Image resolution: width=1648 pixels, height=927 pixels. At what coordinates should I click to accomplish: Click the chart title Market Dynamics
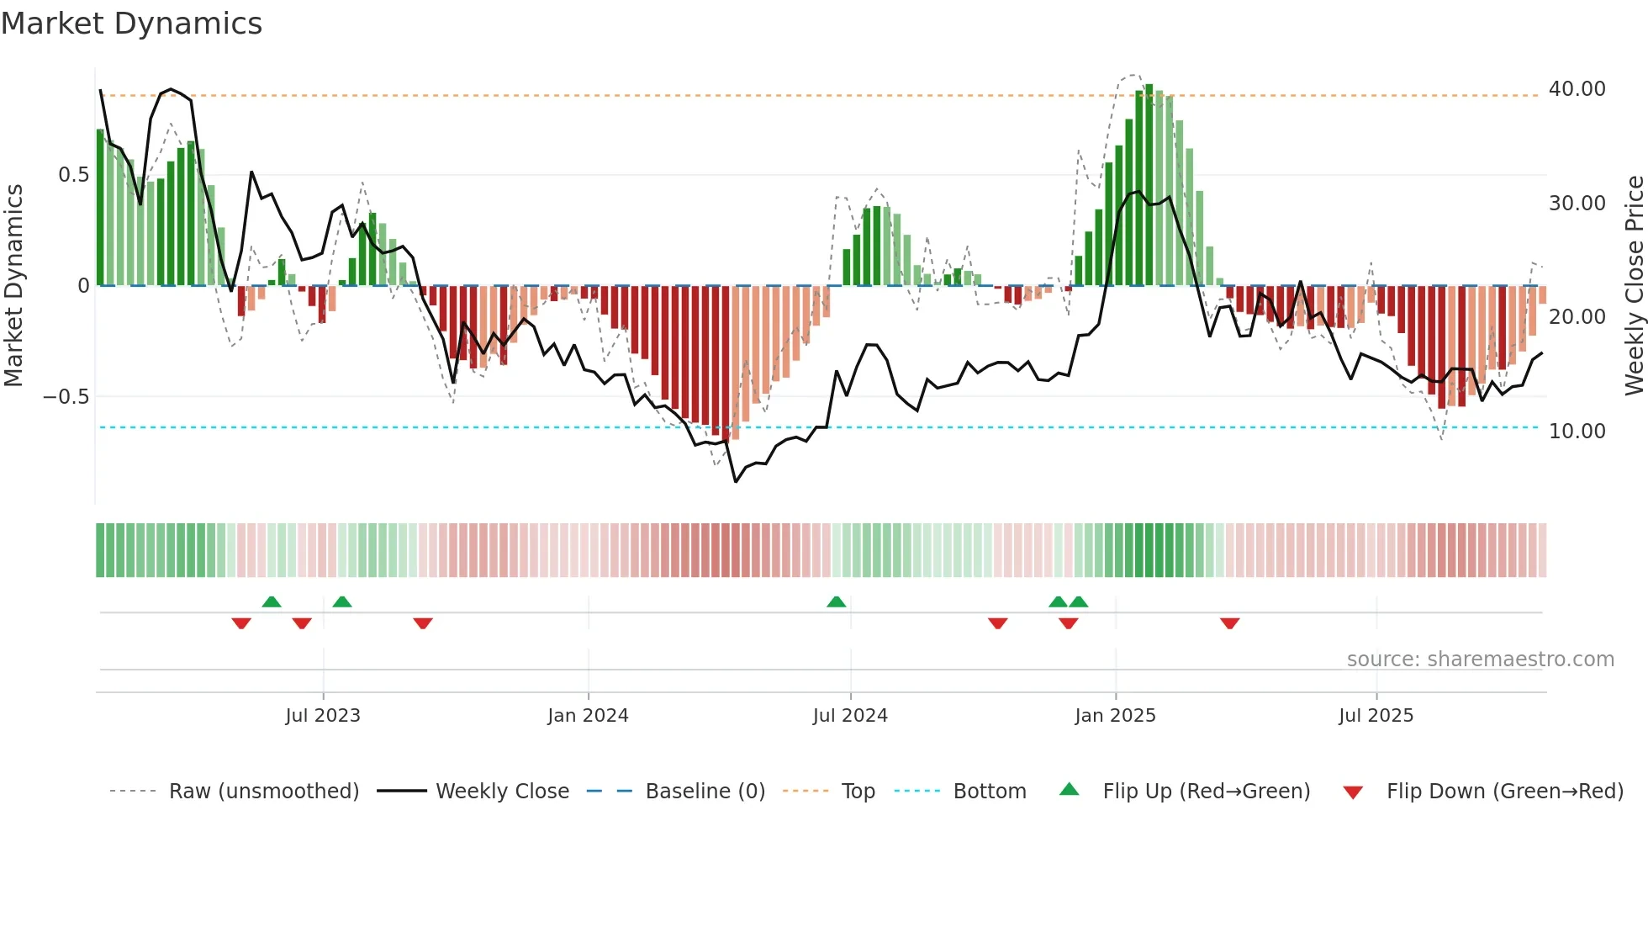point(131,24)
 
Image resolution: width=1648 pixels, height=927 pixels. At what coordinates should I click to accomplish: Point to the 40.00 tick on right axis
point(1577,89)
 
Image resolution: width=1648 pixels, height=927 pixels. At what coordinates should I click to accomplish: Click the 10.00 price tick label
point(1577,432)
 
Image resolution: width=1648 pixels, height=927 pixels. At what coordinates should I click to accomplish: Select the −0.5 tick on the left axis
point(66,396)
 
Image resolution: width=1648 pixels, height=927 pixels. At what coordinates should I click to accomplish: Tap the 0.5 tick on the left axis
point(73,175)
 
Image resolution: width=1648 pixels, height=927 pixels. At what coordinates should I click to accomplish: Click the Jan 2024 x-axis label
point(588,716)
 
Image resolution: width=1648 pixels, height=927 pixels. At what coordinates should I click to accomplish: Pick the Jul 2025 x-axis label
point(1376,716)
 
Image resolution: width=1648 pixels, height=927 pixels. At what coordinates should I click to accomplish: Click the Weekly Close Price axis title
point(1634,286)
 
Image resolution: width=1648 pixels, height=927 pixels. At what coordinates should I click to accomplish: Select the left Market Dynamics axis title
point(13,286)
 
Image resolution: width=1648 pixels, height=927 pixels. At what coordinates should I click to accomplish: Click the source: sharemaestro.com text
point(1480,659)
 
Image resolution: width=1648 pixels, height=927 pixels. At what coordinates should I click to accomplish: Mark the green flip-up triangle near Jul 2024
point(836,602)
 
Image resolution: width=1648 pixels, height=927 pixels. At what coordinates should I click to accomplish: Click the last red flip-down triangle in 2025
point(1229,623)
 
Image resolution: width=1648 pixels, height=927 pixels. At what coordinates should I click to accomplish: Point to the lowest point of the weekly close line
point(736,481)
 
